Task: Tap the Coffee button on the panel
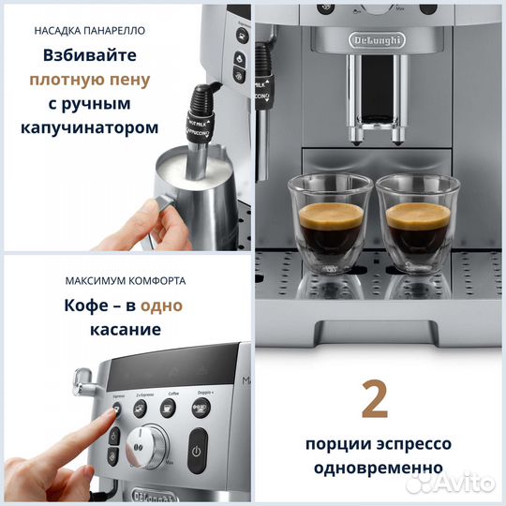click(168, 407)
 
